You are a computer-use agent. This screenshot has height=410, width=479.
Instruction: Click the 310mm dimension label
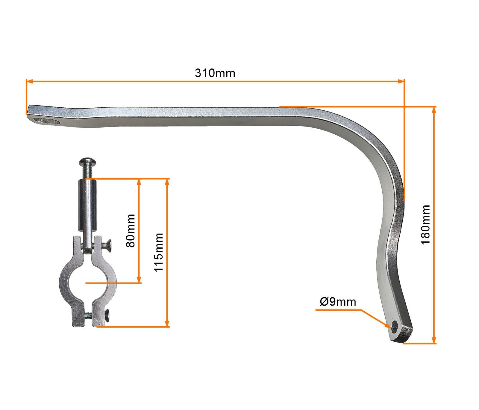pyautogui.click(x=215, y=73)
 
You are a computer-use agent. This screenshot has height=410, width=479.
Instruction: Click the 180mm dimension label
pyautogui.click(x=425, y=224)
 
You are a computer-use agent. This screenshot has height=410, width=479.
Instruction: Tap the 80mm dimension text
pyautogui.click(x=131, y=230)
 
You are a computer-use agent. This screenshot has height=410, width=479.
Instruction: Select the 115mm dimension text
pyautogui.click(x=158, y=252)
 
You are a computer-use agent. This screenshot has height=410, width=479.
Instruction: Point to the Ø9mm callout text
pyautogui.click(x=338, y=301)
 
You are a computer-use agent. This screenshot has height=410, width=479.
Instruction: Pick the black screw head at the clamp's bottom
pyautogui.click(x=107, y=315)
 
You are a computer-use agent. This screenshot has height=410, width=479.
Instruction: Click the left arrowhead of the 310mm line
pyautogui.click(x=29, y=81)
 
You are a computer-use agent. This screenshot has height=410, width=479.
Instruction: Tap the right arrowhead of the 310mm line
pyautogui.click(x=401, y=81)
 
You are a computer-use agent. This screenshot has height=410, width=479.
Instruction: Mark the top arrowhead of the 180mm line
pyautogui.click(x=433, y=109)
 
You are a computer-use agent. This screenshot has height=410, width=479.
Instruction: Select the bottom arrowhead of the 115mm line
pyautogui.click(x=167, y=324)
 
